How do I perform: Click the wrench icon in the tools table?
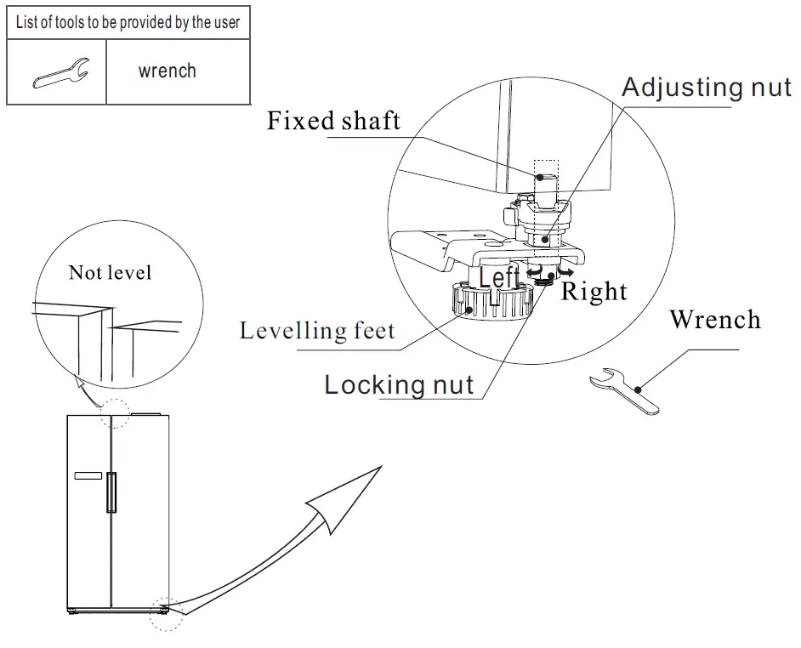coord(58,72)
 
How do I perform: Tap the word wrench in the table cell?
coord(167,71)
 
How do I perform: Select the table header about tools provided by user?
coord(128,22)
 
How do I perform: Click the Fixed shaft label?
coord(333,120)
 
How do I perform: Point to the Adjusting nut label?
coord(706,87)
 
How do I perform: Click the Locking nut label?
coord(399,384)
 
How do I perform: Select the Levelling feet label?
coord(317,330)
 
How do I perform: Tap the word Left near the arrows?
coord(499,277)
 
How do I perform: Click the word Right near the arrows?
coord(594,292)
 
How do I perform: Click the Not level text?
coord(110,272)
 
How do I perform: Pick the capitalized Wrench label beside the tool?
coord(714,320)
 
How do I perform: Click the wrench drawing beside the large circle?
coord(627,390)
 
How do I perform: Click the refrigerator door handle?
coord(110,493)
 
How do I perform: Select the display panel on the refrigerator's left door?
coord(88,475)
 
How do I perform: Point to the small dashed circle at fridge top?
coord(115,415)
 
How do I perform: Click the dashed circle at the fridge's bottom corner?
coord(166,612)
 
